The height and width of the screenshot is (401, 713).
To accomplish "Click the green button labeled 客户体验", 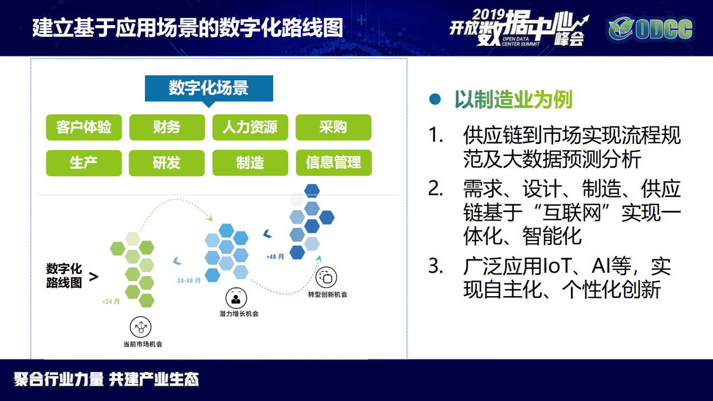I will tap(84, 127).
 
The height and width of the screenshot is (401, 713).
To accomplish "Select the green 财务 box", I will tap(167, 127).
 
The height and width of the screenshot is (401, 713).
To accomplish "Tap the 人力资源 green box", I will tap(250, 127).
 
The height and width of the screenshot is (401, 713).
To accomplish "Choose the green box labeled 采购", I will tap(333, 127).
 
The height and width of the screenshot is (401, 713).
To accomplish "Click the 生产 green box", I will tap(84, 163).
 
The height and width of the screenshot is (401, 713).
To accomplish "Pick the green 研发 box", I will tap(167, 163).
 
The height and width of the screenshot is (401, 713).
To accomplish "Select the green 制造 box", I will tap(250, 163).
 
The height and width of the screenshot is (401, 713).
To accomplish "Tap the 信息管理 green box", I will tap(333, 163).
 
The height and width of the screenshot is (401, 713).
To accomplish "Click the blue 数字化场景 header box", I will tap(208, 89).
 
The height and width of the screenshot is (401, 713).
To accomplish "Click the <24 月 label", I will tap(111, 302).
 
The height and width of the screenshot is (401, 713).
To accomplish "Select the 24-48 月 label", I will tap(188, 281).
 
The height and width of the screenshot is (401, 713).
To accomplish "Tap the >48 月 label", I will tap(275, 257).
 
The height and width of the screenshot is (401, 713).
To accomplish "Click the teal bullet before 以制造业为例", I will tap(435, 100).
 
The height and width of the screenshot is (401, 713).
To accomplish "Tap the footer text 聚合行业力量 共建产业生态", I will tap(106, 380).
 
